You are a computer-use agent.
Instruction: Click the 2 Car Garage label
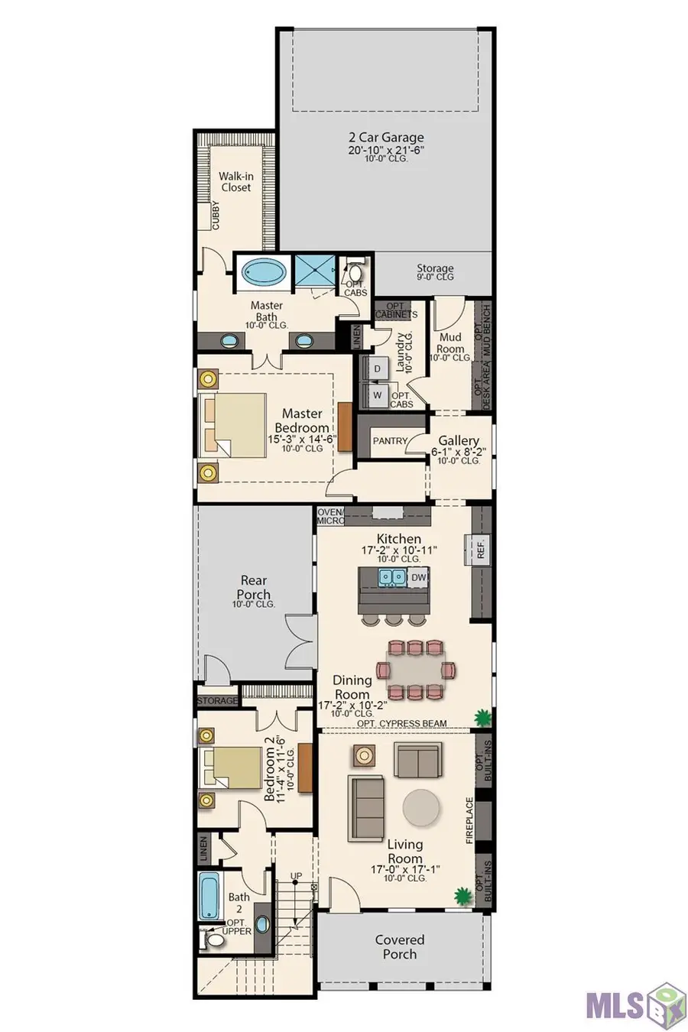(x=386, y=138)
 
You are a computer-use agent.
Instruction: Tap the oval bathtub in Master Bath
(x=263, y=273)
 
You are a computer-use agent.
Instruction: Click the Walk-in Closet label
(x=235, y=181)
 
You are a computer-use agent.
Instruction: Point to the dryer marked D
(x=377, y=368)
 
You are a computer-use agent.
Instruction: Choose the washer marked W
(x=377, y=394)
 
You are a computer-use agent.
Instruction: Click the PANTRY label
(x=391, y=441)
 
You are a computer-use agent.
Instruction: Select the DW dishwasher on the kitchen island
(x=418, y=577)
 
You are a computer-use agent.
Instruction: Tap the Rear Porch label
(x=254, y=587)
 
